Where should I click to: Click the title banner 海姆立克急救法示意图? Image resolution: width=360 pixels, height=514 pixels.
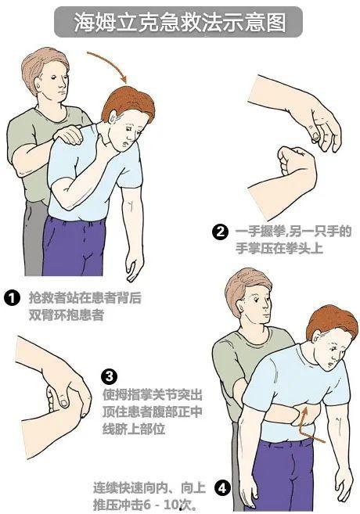click(178, 22)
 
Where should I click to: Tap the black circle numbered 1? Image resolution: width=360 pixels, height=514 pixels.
click(13, 298)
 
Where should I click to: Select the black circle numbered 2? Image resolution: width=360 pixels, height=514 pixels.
click(220, 232)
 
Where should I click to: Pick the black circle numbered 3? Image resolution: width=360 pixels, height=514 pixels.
click(110, 376)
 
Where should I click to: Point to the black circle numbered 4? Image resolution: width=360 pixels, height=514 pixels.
click(222, 488)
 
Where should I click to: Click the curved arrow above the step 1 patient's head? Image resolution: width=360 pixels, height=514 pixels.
click(110, 64)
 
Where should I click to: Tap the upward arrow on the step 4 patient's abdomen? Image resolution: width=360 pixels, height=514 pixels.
click(307, 426)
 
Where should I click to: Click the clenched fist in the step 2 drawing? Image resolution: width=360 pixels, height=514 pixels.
click(295, 164)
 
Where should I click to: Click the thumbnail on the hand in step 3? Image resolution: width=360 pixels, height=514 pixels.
click(63, 401)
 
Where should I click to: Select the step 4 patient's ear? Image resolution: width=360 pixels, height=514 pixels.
click(316, 336)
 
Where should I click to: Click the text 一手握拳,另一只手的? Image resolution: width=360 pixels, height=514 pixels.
click(293, 232)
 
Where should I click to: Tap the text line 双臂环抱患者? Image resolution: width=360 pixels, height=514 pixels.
click(67, 315)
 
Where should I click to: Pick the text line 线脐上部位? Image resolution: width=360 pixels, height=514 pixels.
click(134, 429)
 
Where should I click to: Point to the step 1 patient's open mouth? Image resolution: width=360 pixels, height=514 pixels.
click(123, 144)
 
